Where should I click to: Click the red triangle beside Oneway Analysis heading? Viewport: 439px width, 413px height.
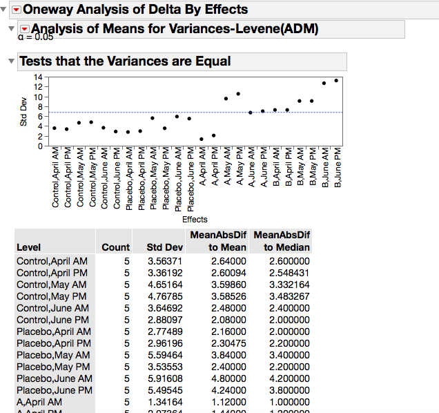17,10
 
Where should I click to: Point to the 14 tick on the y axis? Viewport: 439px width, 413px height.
39,77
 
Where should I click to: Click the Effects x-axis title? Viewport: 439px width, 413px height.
195,219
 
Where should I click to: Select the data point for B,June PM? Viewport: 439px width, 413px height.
336,80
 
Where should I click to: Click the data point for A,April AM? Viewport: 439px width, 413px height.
202,139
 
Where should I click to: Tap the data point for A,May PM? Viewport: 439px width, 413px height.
238,94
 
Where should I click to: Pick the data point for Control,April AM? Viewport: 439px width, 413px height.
55,128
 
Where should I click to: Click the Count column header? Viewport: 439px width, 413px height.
115,247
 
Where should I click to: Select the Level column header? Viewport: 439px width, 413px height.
28,247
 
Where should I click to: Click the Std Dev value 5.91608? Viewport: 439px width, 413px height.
166,378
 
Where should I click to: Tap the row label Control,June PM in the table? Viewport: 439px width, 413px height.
52,320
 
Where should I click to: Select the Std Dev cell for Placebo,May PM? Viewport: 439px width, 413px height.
166,367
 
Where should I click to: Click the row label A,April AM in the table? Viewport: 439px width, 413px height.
39,402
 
